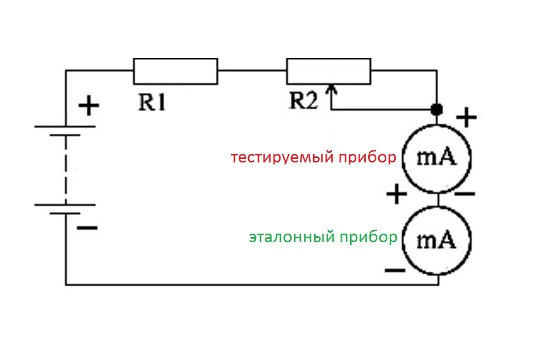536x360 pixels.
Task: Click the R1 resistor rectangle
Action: coord(175,71)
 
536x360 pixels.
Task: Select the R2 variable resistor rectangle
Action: coord(329,71)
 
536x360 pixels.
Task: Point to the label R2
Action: coord(304,102)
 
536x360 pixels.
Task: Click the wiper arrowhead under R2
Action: coord(331,90)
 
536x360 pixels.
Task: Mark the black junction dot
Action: coord(438,109)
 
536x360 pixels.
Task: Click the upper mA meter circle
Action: coord(438,158)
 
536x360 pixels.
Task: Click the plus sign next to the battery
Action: coord(89,106)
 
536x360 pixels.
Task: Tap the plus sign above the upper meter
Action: coord(466,118)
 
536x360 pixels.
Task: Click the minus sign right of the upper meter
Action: coord(465,194)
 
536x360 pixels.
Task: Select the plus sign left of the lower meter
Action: coord(396,194)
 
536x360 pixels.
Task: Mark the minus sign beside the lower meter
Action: coord(395,271)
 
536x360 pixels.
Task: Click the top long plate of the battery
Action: coord(65,126)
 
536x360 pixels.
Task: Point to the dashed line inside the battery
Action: coord(66,165)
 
